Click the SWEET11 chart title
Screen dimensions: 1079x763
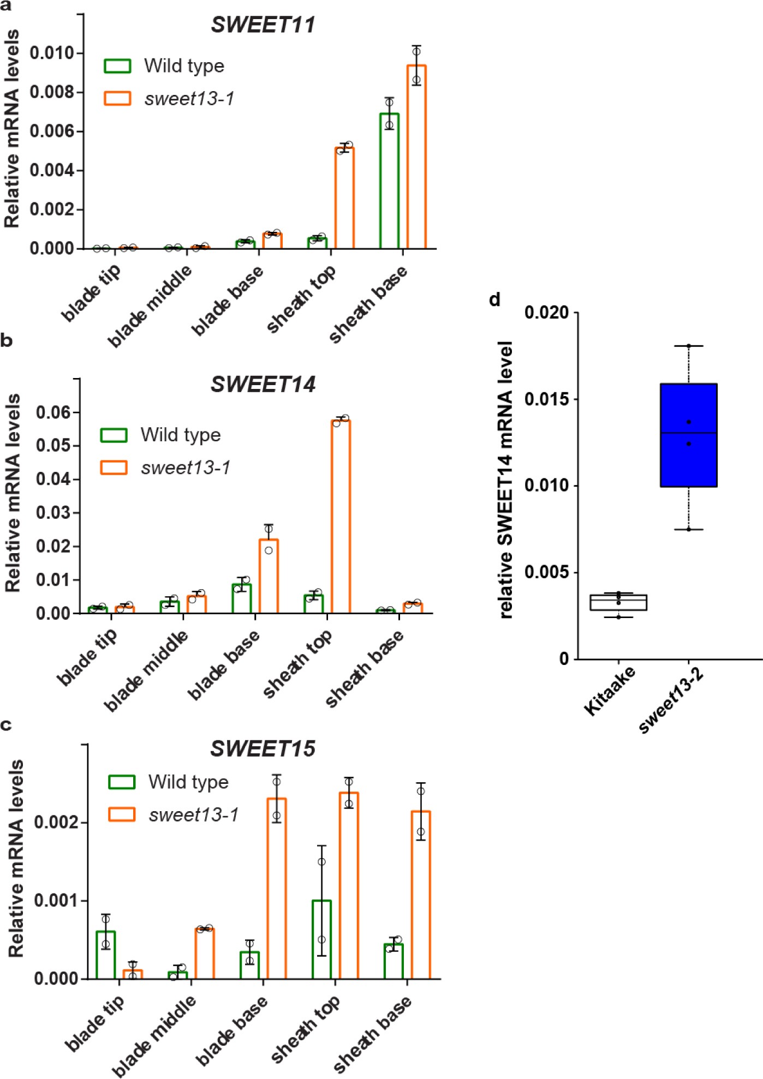click(263, 25)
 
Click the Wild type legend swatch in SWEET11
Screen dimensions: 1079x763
click(117, 66)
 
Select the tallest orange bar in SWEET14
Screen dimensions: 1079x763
click(341, 516)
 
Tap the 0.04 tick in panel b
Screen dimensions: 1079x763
click(53, 479)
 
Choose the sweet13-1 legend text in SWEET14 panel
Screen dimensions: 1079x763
click(186, 467)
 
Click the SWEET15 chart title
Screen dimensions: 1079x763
click(263, 749)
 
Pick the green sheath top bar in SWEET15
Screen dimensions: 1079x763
click(321, 939)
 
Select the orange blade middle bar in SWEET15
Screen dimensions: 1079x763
click(205, 953)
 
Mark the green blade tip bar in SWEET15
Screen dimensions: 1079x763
click(105, 955)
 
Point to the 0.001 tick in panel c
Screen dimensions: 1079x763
click(56, 901)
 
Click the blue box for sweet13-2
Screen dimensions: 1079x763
click(688, 435)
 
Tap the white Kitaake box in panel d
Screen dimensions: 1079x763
click(618, 602)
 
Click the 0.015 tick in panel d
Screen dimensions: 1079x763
click(546, 399)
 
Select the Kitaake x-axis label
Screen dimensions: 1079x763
click(610, 690)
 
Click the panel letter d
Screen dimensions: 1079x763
click(494, 299)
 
